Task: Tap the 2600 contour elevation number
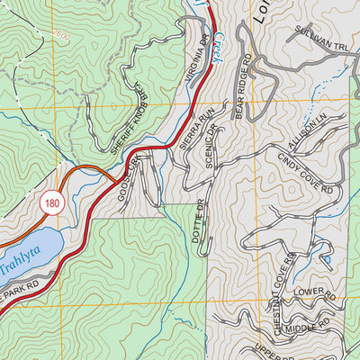(60, 34)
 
